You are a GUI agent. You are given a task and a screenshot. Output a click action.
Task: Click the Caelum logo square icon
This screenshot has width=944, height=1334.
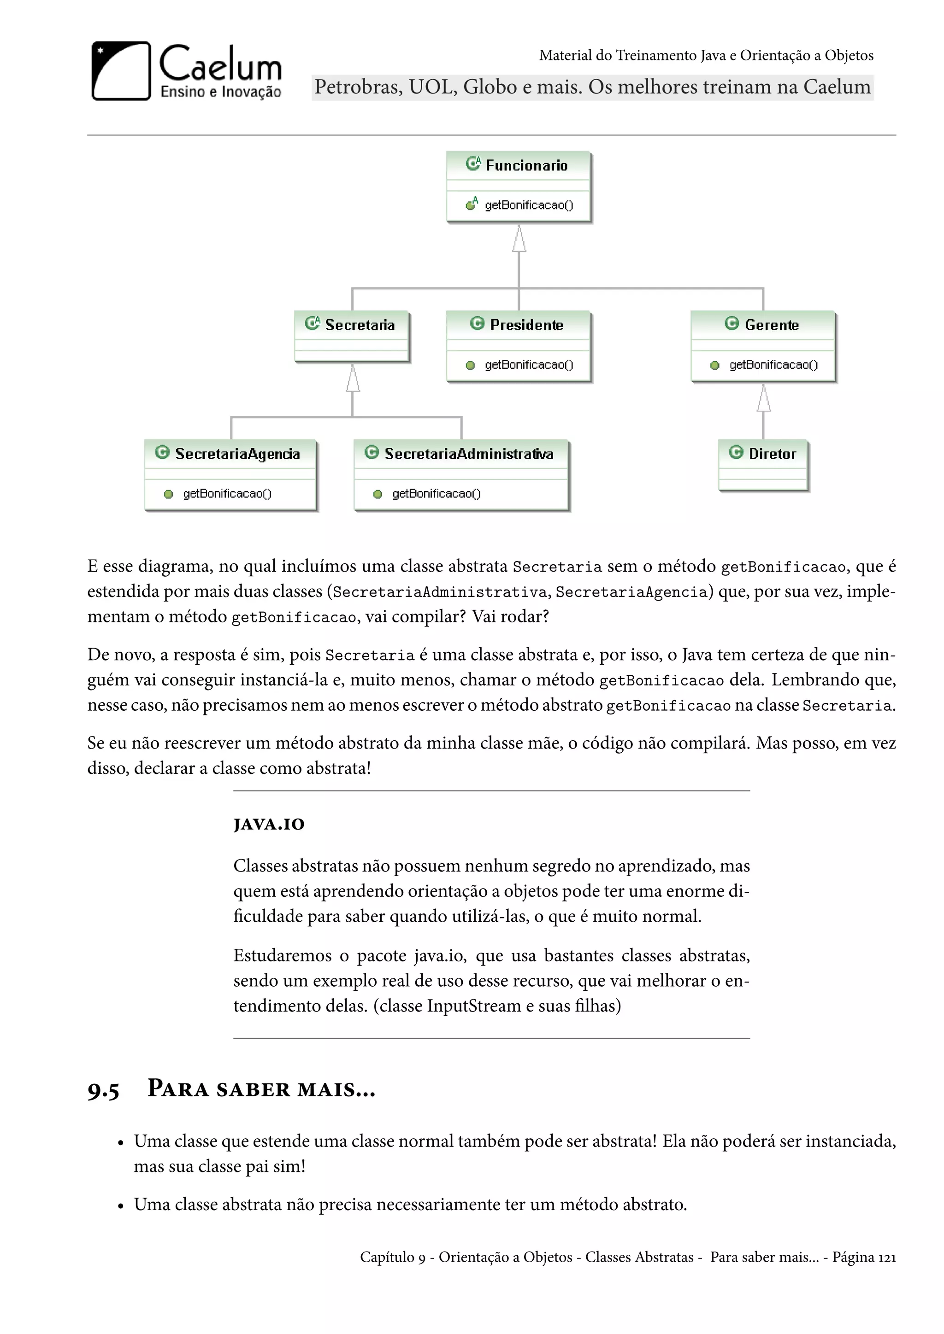click(121, 71)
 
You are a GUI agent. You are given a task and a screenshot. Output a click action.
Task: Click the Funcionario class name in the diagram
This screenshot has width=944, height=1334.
click(526, 165)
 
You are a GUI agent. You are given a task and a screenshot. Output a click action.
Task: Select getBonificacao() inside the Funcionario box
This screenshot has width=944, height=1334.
click(528, 205)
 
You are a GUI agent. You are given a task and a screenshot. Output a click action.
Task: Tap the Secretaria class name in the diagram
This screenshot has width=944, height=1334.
click(359, 325)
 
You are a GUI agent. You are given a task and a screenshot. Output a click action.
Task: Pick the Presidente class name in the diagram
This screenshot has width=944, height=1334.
click(526, 325)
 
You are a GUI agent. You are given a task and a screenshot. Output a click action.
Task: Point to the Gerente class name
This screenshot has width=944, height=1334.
click(771, 325)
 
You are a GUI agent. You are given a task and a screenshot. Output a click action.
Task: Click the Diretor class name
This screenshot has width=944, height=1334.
click(772, 454)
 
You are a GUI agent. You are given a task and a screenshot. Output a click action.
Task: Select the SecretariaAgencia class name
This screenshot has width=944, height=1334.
click(237, 454)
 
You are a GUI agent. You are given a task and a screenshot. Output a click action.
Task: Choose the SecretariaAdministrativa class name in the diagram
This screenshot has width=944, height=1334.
click(468, 454)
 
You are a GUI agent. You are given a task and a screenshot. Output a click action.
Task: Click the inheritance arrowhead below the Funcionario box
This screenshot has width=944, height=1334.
click(519, 240)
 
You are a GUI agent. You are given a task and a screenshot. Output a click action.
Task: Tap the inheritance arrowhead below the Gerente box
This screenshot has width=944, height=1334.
click(764, 399)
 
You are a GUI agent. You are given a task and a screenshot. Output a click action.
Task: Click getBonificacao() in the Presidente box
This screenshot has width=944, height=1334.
click(528, 365)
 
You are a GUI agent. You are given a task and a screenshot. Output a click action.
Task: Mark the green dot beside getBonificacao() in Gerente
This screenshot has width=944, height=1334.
click(715, 365)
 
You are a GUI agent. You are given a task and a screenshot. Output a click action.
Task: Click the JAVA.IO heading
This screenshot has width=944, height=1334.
click(269, 825)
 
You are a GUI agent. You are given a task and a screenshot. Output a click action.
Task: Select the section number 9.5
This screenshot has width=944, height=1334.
click(103, 1091)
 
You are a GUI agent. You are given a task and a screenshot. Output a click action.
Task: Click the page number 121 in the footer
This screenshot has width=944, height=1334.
click(886, 1258)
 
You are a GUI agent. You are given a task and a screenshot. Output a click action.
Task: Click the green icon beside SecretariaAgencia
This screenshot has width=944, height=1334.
click(162, 452)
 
